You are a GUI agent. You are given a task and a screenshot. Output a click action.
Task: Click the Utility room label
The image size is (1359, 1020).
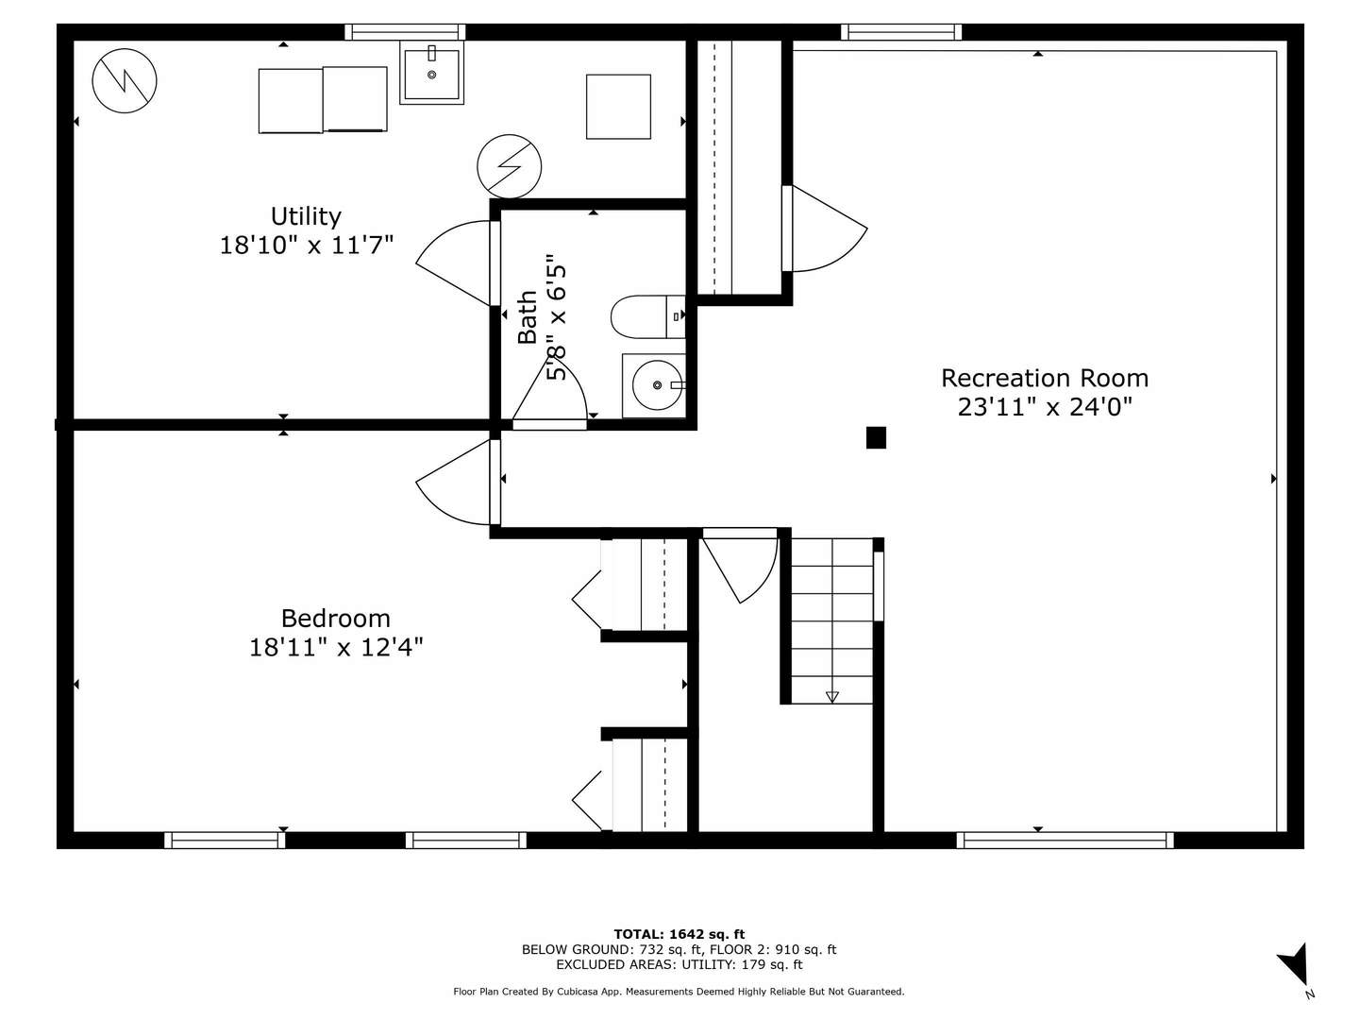306,216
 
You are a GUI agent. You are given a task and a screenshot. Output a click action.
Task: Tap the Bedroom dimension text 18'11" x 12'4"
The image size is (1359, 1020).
336,648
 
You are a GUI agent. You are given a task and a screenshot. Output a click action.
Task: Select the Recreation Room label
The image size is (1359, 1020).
1045,378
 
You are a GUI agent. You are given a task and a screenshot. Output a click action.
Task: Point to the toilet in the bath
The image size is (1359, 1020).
647,316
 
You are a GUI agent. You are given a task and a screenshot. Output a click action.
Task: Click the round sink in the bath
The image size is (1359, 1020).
657,385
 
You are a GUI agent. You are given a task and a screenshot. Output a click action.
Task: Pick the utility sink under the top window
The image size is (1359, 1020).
431,73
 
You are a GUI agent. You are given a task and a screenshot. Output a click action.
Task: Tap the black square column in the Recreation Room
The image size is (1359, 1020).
876,437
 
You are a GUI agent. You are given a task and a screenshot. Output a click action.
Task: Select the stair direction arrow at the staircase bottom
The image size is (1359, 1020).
831,697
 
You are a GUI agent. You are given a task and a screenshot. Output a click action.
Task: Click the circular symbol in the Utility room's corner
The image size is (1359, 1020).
125,80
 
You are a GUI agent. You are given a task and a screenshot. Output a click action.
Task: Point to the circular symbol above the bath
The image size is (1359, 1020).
509,166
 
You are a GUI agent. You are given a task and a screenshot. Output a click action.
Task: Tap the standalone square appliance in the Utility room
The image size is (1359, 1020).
618,107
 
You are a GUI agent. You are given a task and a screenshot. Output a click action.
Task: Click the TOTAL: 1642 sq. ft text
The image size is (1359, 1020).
679,934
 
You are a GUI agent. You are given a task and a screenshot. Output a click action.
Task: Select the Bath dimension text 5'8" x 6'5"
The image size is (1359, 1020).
556,316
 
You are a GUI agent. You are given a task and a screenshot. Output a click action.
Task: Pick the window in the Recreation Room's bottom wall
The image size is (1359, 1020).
1065,840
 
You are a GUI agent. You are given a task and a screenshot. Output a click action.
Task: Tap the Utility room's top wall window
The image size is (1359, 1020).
405,31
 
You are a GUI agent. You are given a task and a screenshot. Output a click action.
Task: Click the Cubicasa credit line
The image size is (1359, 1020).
679,992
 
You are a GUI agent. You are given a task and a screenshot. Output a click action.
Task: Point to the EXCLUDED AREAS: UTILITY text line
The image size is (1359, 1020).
679,964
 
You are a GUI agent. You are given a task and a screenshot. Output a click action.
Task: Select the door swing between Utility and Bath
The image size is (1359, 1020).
453,263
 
